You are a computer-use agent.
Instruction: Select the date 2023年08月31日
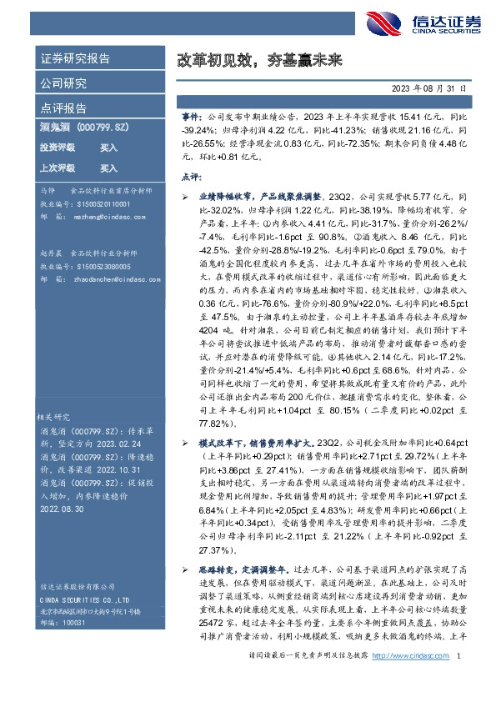tap(428, 88)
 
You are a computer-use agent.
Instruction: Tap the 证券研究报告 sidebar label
tap(74, 59)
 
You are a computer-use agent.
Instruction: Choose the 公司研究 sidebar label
tap(63, 83)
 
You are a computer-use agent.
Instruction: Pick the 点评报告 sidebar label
tap(63, 108)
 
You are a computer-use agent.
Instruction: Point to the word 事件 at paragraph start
tap(191, 119)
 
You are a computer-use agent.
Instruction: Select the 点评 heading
tap(191, 177)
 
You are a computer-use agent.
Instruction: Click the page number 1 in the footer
tap(459, 680)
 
